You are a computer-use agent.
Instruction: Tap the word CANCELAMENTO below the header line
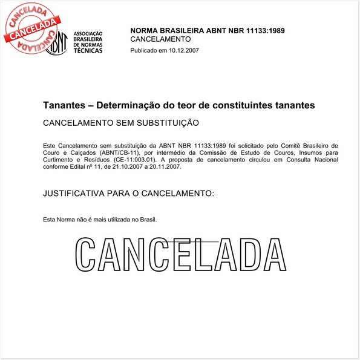[x=160, y=39]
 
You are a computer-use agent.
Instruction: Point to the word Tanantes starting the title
[x=62, y=105]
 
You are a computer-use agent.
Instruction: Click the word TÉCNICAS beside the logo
[x=88, y=51]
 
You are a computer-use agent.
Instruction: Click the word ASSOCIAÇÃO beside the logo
[x=88, y=33]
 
